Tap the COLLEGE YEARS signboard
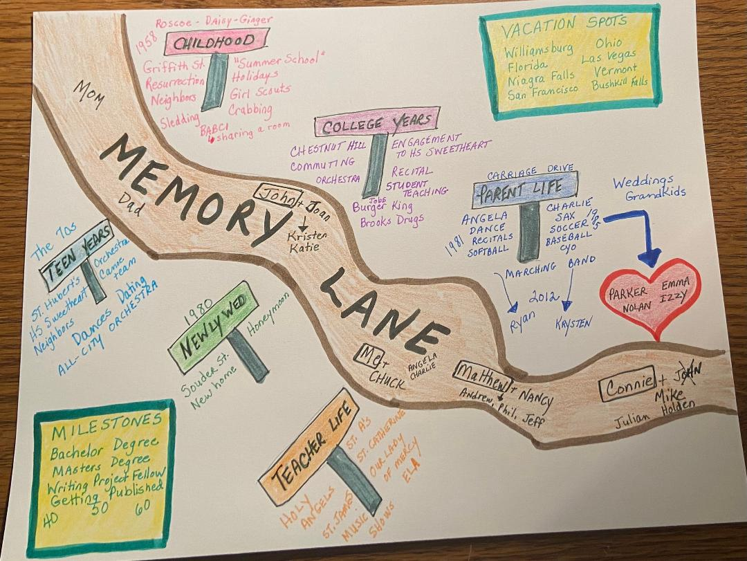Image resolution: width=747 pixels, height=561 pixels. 377,123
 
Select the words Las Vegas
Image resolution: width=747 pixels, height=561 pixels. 609,57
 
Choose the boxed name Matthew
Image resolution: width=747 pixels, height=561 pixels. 483,376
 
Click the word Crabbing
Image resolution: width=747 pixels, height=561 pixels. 250,109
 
